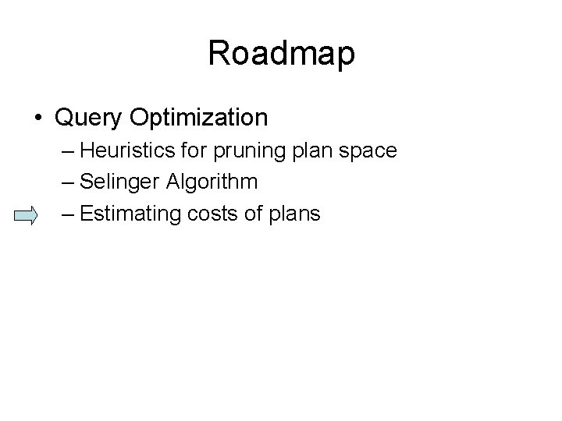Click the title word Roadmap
[281, 54]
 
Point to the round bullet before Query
[39, 119]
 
